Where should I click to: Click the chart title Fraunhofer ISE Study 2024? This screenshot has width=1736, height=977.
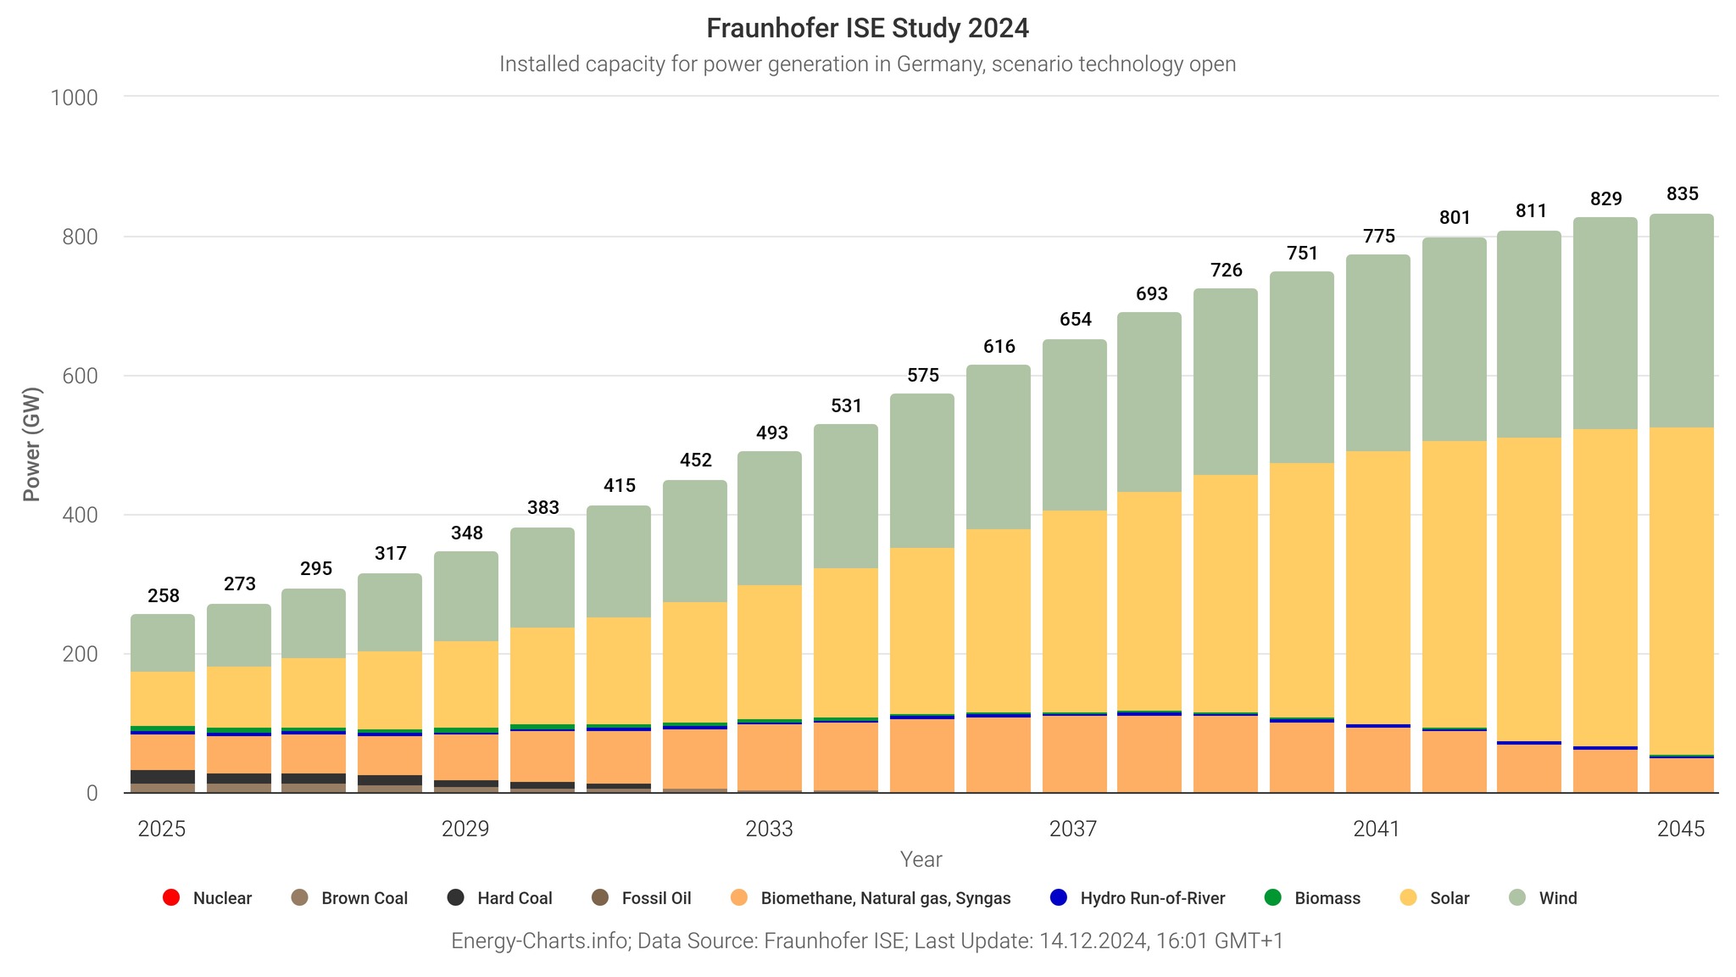pyautogui.click(x=867, y=29)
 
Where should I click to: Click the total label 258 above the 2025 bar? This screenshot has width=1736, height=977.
pyautogui.click(x=164, y=596)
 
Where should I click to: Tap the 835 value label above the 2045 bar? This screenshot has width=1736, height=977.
pyautogui.click(x=1682, y=194)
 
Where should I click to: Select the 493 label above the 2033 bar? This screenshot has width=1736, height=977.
pyautogui.click(x=771, y=433)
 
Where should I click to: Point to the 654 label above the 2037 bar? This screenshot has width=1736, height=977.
pyautogui.click(x=1075, y=320)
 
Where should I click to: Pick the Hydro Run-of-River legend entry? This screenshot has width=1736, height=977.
pyautogui.click(x=1138, y=898)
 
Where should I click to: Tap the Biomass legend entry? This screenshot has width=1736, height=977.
pyautogui.click(x=1312, y=898)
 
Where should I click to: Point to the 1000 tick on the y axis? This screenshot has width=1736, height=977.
pyautogui.click(x=75, y=98)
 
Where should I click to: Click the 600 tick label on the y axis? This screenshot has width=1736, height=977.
pyautogui.click(x=81, y=376)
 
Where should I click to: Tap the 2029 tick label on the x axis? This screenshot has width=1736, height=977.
pyautogui.click(x=465, y=829)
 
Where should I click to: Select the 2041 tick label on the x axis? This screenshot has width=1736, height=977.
pyautogui.click(x=1377, y=829)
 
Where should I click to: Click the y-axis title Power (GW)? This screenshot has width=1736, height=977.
pyautogui.click(x=31, y=444)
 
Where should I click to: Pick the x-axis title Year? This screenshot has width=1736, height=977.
pyautogui.click(x=921, y=860)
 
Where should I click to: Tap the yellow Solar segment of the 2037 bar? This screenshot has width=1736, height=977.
pyautogui.click(x=1075, y=611)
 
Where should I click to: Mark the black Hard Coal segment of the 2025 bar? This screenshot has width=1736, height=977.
pyautogui.click(x=163, y=777)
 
